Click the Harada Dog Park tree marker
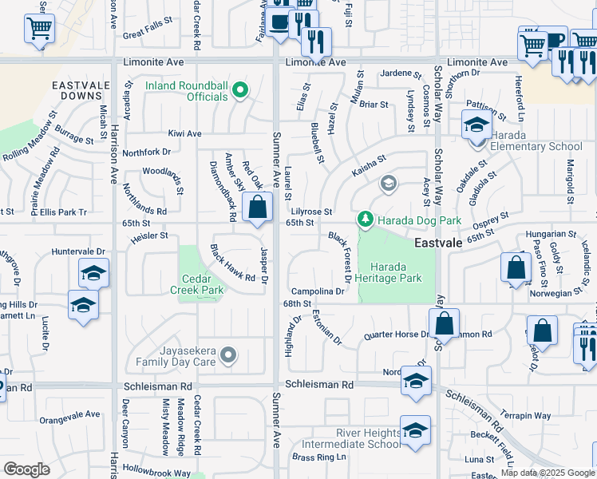[365, 219]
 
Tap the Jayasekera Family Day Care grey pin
[229, 354]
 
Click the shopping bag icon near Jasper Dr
[258, 208]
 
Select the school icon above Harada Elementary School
[476, 125]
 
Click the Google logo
[26, 469]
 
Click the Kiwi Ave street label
[184, 133]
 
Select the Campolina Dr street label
[317, 291]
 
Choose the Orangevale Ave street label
[69, 414]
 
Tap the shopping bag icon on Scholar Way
[445, 324]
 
